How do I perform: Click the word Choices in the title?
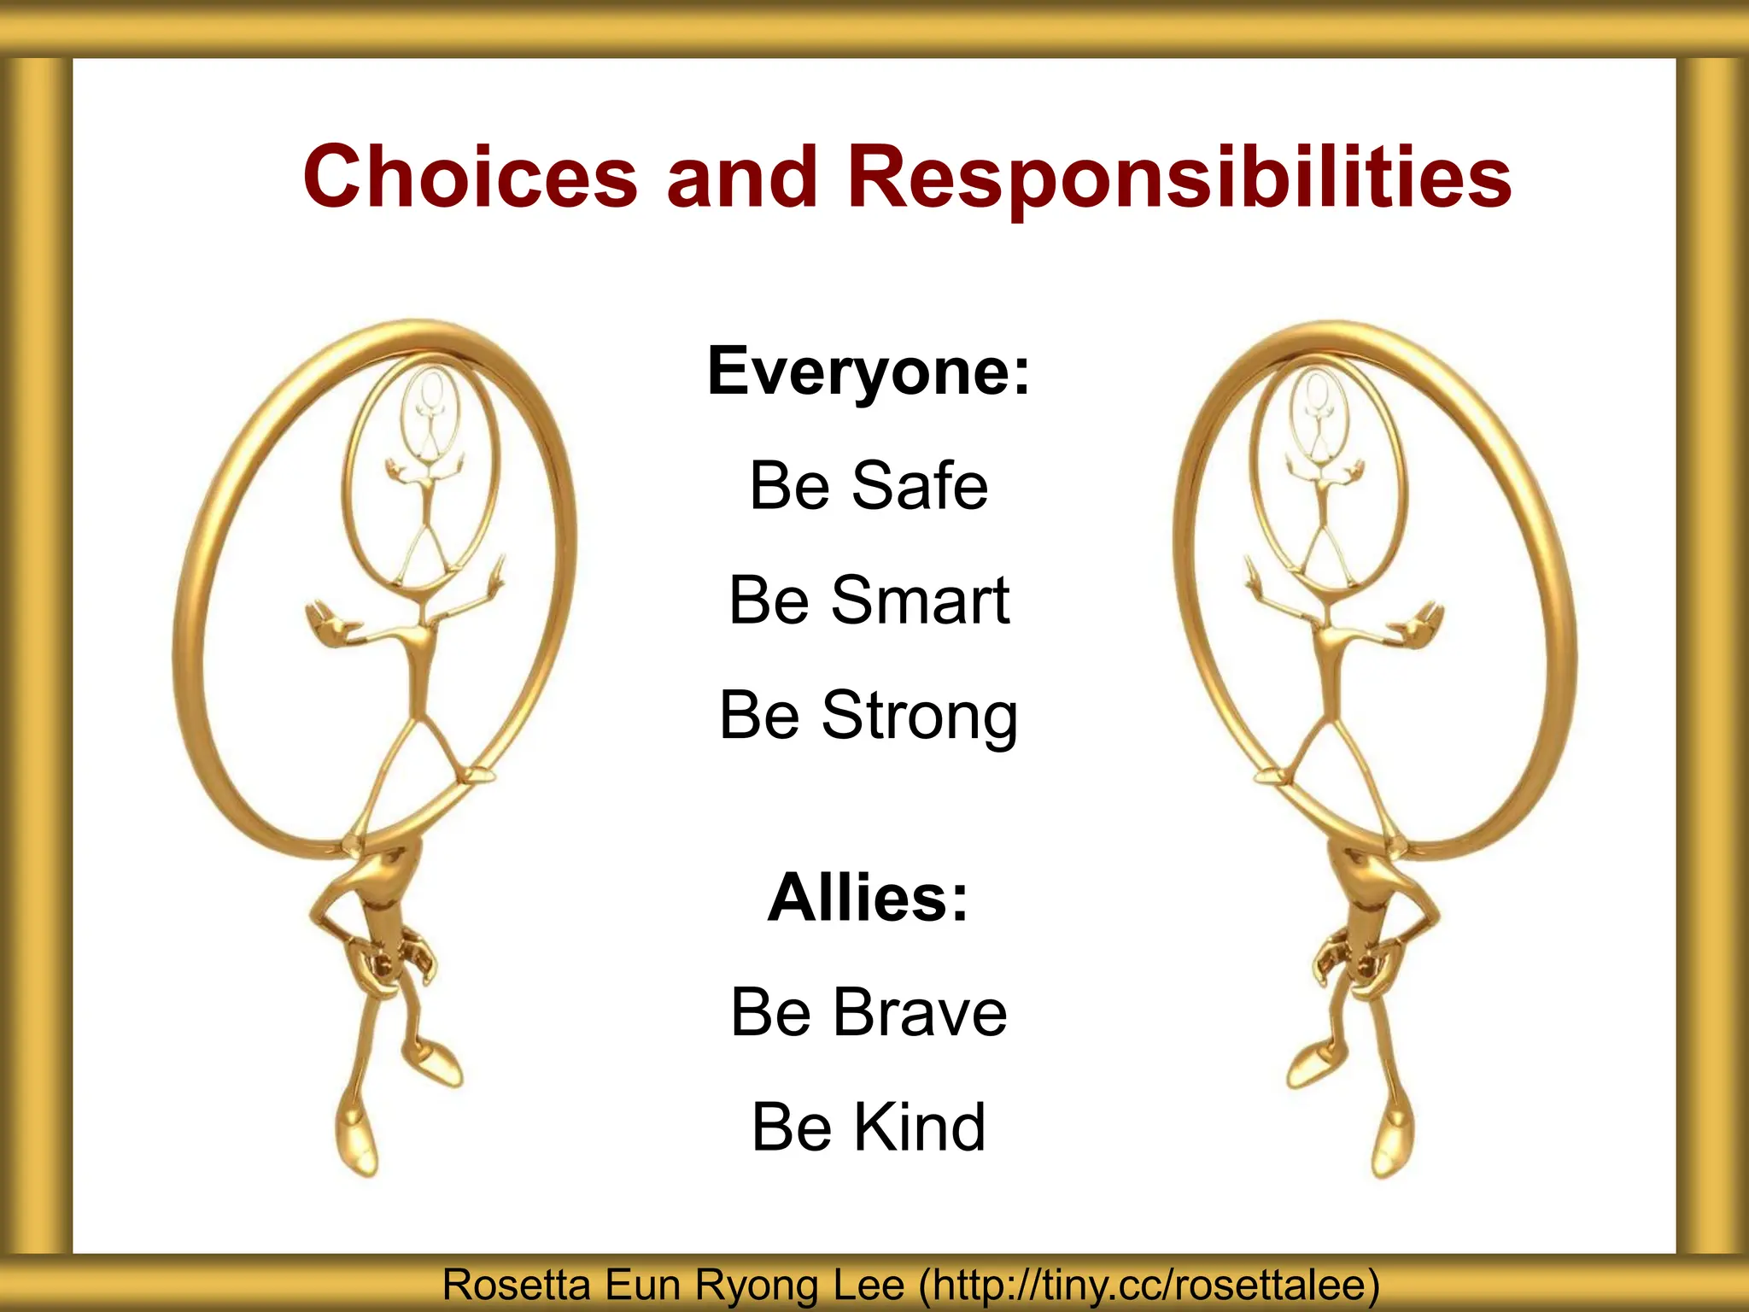(x=471, y=177)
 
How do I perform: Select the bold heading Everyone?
(x=869, y=372)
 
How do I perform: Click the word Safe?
(x=920, y=485)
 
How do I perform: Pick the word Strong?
(x=920, y=716)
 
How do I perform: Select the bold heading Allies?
(x=869, y=898)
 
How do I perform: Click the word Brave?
(x=921, y=1012)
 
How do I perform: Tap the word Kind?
(x=921, y=1127)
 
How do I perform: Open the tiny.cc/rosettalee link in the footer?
(x=1149, y=1286)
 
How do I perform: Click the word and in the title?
(x=741, y=177)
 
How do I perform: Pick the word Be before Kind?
(x=792, y=1127)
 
